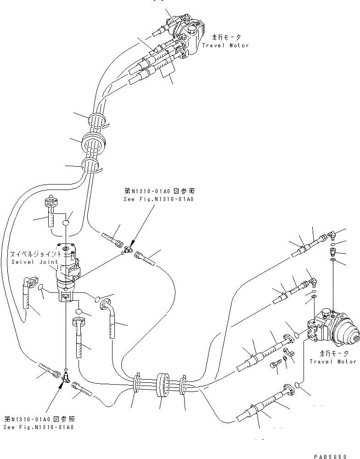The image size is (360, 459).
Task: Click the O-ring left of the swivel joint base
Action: [x=40, y=288]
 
